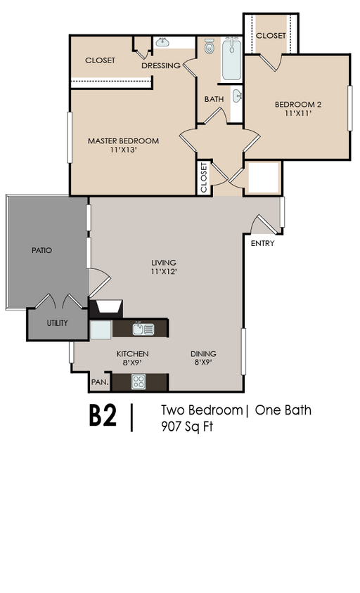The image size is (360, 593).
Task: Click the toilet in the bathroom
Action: point(210,46)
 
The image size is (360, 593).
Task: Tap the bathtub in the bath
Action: point(231,58)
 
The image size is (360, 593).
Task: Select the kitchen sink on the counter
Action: point(143,329)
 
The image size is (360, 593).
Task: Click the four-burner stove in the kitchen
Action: point(139,382)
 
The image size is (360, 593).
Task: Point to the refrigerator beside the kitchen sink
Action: point(101,330)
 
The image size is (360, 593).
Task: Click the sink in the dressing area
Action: point(162,42)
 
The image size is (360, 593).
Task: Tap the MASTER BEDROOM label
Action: point(124,141)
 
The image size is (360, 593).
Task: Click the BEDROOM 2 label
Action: point(298,105)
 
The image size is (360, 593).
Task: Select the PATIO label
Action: point(41,250)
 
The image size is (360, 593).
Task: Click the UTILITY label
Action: point(57,323)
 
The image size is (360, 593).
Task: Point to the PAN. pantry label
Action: point(100,382)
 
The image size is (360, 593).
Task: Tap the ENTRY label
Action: point(263,244)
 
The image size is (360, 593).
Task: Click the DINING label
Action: point(203,354)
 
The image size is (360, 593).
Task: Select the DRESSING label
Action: point(161,65)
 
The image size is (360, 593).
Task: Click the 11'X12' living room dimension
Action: point(164,271)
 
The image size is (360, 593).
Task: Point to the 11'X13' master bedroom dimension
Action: point(124,150)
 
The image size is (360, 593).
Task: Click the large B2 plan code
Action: point(102,417)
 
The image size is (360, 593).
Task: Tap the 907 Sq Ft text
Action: point(187,426)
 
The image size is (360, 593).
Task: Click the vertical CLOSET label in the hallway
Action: point(204,177)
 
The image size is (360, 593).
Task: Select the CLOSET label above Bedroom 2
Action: point(271,36)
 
